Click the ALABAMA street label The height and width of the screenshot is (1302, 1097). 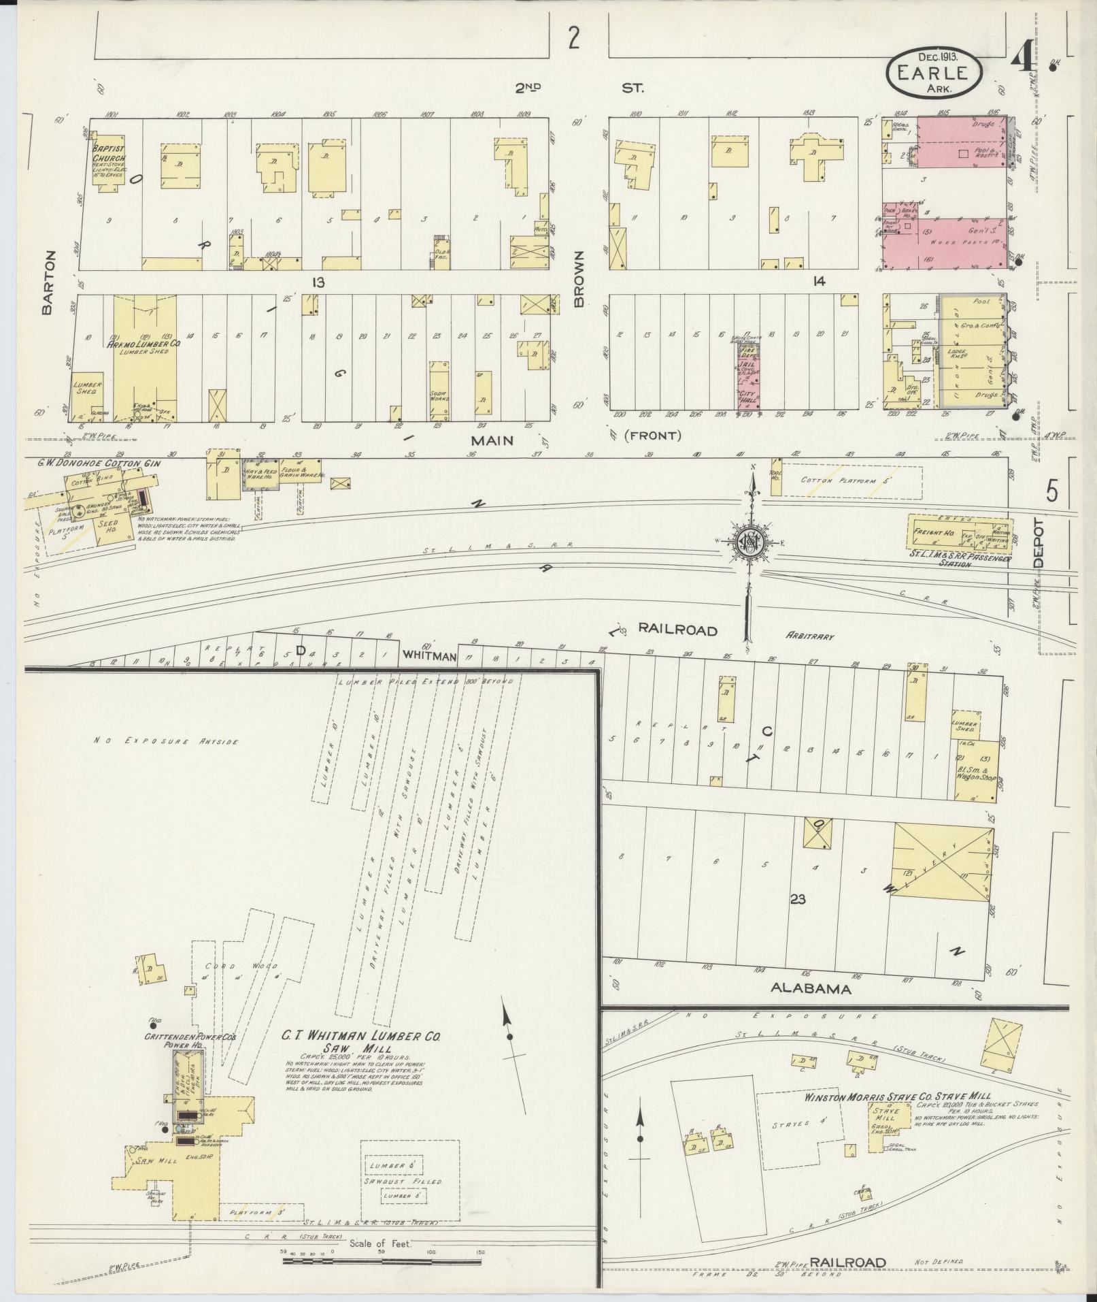(x=811, y=988)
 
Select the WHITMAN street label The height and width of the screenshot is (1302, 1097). (x=428, y=655)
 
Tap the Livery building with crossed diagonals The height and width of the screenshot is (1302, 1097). (x=941, y=862)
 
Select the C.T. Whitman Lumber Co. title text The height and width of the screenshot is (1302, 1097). (x=361, y=1056)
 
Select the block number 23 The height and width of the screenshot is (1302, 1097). (x=798, y=900)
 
